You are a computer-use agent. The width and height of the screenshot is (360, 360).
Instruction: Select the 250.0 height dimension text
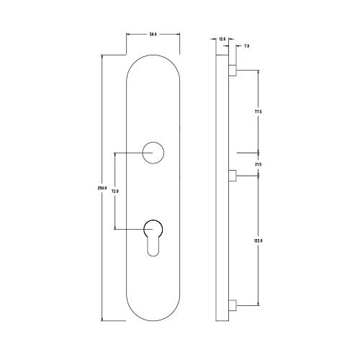tap(102, 189)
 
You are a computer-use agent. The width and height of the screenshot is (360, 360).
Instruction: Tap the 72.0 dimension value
tap(114, 191)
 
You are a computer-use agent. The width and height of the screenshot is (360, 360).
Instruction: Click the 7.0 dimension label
tap(246, 45)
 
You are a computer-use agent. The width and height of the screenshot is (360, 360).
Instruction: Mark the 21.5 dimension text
tap(258, 165)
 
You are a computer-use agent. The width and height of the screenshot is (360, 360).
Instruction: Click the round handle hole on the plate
tap(153, 153)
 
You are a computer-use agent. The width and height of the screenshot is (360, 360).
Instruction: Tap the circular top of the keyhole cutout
tap(153, 228)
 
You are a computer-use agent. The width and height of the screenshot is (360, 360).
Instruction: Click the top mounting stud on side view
tap(232, 71)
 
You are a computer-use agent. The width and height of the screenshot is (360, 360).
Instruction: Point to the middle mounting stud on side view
tap(232, 175)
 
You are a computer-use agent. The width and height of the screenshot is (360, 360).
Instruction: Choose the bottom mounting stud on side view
tap(232, 305)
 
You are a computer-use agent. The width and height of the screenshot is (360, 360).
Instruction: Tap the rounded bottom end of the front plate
tap(153, 313)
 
